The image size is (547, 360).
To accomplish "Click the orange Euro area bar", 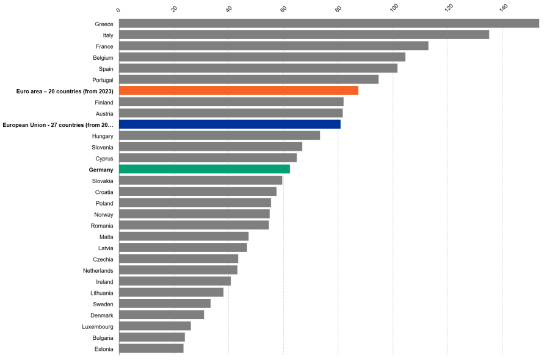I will click(x=238, y=91).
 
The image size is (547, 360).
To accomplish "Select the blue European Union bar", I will click(x=230, y=124).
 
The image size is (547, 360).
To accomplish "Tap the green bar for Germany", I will click(x=205, y=169).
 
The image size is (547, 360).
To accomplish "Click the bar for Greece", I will click(x=328, y=24).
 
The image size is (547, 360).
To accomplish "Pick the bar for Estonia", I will click(x=151, y=348).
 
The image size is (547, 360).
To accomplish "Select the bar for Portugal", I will click(x=248, y=79).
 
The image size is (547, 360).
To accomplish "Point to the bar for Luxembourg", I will click(x=155, y=326).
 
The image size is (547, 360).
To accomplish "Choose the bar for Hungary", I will click(x=219, y=135).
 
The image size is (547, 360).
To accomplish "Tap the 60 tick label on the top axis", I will click(x=284, y=9).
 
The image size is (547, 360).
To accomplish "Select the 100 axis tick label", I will click(x=394, y=9).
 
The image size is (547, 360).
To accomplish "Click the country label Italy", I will click(x=107, y=35).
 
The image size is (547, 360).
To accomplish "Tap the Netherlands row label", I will click(x=98, y=270).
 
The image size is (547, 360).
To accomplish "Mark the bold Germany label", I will click(x=101, y=170).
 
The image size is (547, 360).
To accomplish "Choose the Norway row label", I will click(x=103, y=214).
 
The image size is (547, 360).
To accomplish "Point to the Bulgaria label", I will click(x=100, y=337).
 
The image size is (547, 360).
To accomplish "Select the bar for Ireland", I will click(x=175, y=281).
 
